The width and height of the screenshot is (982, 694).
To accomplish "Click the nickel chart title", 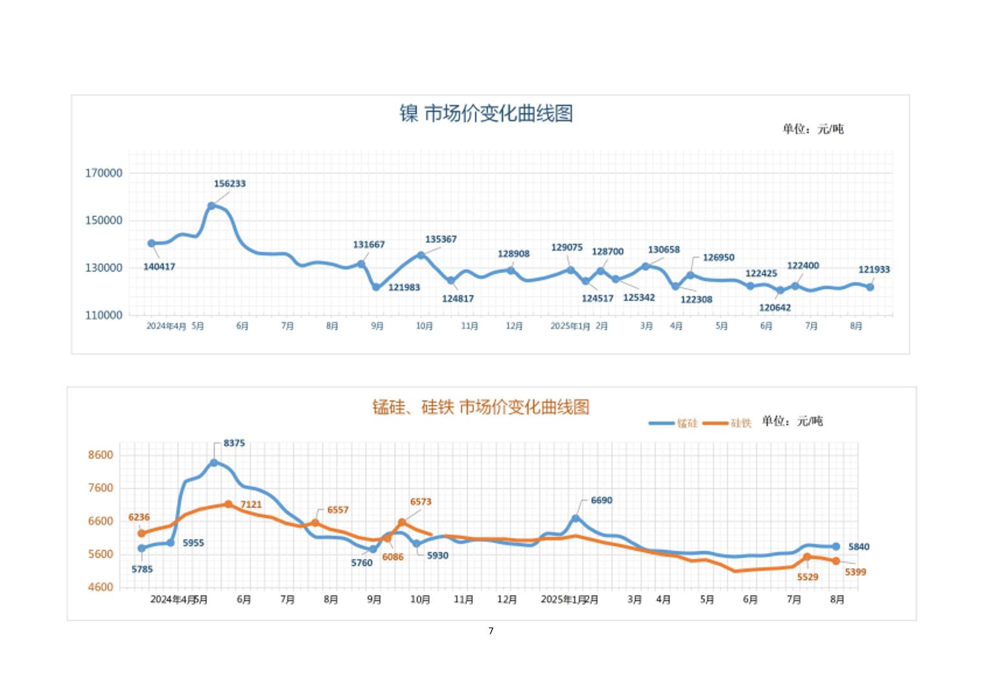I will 486,114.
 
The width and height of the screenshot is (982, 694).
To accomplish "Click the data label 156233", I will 229,184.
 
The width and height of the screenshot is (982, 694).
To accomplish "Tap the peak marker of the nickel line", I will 211,206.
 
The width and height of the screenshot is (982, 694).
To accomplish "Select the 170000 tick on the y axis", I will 103,173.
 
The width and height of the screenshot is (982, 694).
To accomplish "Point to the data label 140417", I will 159,267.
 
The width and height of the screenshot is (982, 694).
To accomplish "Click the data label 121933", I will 873,270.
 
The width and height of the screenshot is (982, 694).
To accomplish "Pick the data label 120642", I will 775,308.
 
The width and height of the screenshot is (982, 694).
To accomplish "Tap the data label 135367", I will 441,240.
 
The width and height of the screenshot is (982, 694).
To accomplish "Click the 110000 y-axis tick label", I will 103,315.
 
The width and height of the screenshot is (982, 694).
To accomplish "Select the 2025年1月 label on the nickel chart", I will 570,326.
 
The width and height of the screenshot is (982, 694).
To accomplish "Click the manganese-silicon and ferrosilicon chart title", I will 481,407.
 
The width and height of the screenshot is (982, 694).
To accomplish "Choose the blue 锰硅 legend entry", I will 674,423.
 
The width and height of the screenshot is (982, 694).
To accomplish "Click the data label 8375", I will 234,443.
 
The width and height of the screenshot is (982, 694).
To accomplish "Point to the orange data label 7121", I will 251,505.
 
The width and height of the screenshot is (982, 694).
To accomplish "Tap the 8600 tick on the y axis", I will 100,455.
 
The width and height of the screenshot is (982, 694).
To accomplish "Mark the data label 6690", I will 601,500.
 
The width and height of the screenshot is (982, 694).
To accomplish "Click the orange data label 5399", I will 855,572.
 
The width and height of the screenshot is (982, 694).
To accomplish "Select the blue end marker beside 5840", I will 836,547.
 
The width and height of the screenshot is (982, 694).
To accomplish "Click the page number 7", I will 491,631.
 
